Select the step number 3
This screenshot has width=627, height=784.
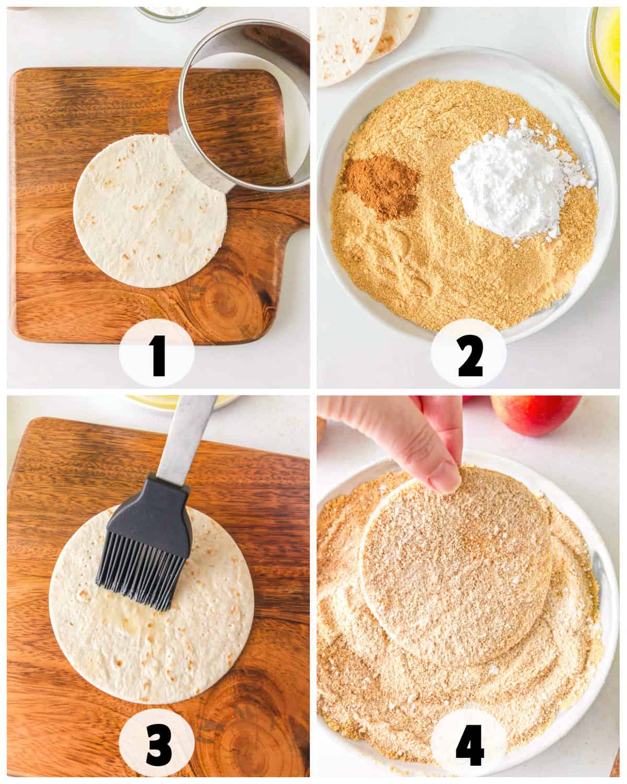click(x=159, y=744)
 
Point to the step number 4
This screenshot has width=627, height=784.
click(x=470, y=744)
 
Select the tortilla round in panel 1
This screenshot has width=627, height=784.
click(x=150, y=212)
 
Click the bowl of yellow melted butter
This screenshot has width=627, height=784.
click(x=605, y=55)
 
